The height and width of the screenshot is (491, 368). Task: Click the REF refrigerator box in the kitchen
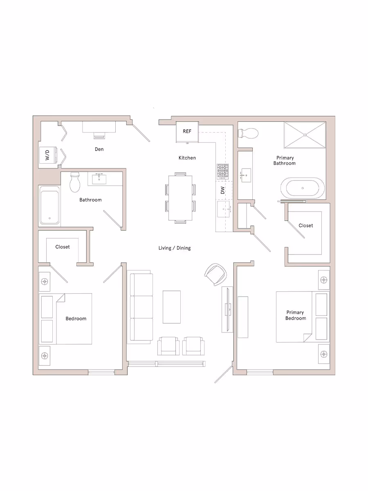click(187, 132)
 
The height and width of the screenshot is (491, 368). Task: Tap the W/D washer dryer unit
click(47, 155)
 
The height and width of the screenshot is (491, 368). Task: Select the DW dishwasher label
click(223, 191)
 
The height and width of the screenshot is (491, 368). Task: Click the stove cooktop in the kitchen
click(223, 171)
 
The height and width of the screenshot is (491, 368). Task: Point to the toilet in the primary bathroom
click(248, 133)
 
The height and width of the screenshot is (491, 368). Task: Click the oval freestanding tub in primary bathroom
click(303, 188)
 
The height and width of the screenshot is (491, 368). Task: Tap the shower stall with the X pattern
click(305, 135)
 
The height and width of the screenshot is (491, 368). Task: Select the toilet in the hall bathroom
click(75, 182)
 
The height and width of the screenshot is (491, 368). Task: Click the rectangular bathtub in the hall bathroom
click(49, 205)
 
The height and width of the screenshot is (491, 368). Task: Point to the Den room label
click(99, 149)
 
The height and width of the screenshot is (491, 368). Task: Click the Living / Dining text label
click(175, 248)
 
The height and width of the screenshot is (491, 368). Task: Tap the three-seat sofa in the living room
click(141, 307)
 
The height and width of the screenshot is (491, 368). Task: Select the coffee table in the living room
click(172, 307)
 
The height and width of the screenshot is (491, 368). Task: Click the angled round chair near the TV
click(215, 274)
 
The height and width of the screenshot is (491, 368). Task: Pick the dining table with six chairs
click(180, 198)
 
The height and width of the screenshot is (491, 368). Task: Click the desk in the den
click(99, 127)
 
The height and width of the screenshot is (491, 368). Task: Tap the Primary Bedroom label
click(295, 315)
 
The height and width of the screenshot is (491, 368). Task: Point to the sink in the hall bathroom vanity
click(99, 179)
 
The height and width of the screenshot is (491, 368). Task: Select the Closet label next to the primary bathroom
click(305, 225)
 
